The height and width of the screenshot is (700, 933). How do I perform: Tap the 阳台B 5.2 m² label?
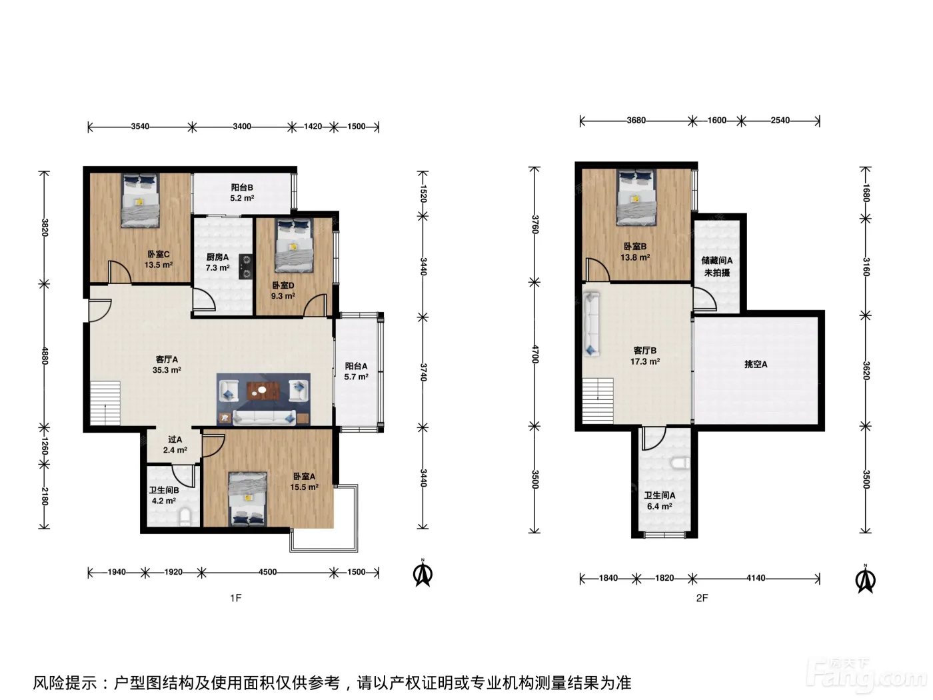pyautogui.click(x=243, y=193)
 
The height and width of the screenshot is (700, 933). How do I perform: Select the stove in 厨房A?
pyautogui.click(x=245, y=267)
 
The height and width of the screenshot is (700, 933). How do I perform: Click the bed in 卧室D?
pyautogui.click(x=294, y=245)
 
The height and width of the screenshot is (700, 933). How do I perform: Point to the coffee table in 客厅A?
pyautogui.click(x=263, y=391)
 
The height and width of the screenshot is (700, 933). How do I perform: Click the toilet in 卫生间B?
pyautogui.click(x=185, y=517)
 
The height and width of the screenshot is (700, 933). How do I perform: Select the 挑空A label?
pyautogui.click(x=756, y=364)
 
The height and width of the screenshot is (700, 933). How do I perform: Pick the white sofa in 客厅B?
pyautogui.click(x=591, y=324)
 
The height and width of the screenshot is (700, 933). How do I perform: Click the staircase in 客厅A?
pyautogui.click(x=105, y=403)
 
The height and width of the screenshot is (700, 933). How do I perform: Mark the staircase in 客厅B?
pyautogui.click(x=598, y=401)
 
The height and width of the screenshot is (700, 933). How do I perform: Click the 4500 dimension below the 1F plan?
pyautogui.click(x=268, y=572)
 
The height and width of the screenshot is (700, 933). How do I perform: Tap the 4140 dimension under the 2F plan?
pyautogui.click(x=756, y=578)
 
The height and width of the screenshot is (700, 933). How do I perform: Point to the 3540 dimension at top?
pyautogui.click(x=140, y=126)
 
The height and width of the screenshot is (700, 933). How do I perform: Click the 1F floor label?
pyautogui.click(x=236, y=598)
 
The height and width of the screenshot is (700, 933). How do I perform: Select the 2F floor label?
pyautogui.click(x=702, y=598)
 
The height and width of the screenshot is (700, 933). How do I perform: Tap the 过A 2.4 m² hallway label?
pyautogui.click(x=175, y=445)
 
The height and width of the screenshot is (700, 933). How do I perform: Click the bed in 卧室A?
pyautogui.click(x=248, y=499)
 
